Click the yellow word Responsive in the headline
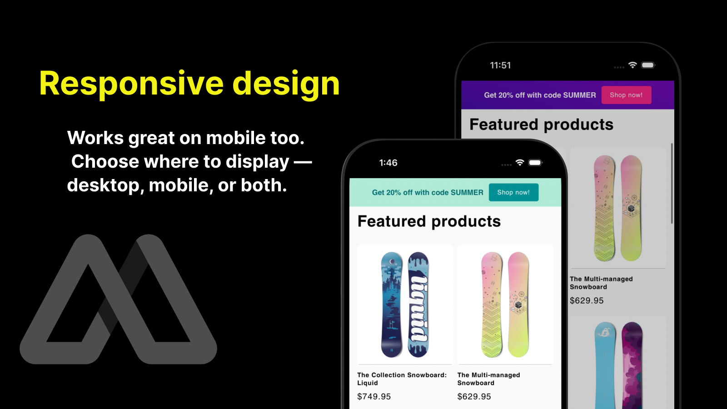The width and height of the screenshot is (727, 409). click(131, 84)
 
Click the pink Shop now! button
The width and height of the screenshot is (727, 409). click(626, 95)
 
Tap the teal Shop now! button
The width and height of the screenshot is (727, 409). click(513, 193)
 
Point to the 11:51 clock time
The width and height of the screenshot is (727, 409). click(500, 65)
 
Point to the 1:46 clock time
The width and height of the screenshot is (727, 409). click(388, 163)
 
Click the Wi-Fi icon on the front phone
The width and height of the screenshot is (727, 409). click(520, 162)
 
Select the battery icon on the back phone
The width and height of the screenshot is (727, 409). click(648, 65)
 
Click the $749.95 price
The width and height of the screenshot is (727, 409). click(374, 396)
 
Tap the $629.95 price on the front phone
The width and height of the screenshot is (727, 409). click(474, 396)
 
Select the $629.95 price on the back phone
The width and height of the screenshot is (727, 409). click(587, 300)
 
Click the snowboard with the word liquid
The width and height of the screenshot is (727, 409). click(418, 304)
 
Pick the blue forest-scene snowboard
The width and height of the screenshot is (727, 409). click(391, 304)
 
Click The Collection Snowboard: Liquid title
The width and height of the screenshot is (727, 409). click(402, 379)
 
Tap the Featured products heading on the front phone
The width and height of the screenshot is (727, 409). click(429, 222)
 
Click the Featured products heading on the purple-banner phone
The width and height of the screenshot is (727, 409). click(541, 125)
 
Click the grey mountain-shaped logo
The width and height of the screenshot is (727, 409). click(118, 299)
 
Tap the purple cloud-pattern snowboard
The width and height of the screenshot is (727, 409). click(632, 365)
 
